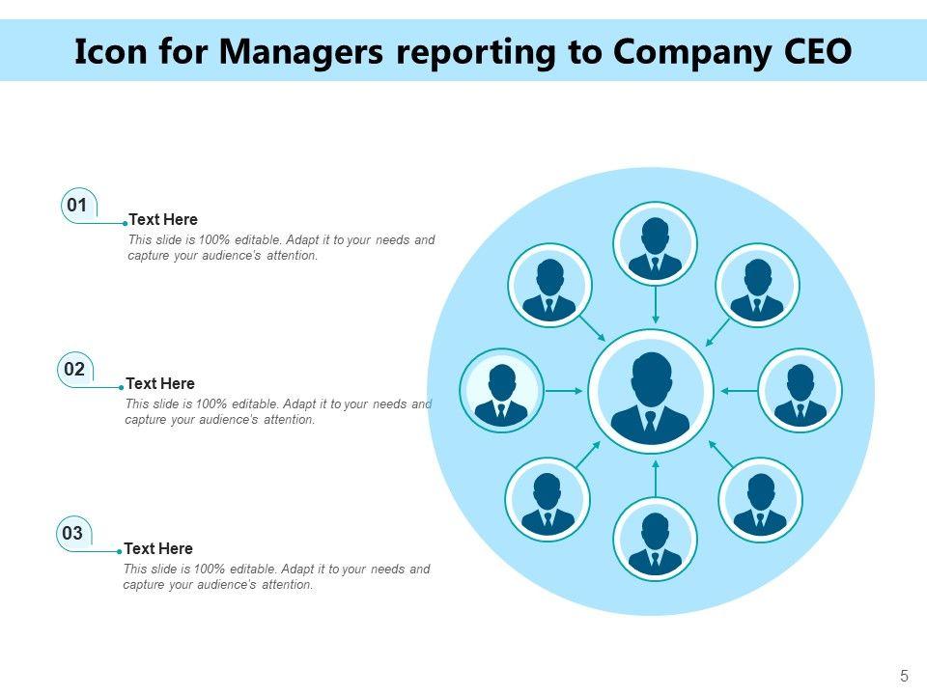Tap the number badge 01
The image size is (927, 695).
78,205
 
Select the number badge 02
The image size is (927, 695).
74,369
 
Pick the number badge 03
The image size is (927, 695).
72,533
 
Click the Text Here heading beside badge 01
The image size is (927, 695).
163,220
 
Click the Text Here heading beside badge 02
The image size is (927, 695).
160,384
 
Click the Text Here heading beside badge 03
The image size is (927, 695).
158,548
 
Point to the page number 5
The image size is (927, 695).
904,676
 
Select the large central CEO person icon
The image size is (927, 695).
651,392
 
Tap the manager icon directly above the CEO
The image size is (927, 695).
655,244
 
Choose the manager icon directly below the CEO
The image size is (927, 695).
655,540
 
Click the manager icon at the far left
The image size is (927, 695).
501,391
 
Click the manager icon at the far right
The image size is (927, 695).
801,391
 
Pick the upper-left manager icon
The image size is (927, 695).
549,286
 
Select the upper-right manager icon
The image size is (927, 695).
757,286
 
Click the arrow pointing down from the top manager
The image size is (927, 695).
656,306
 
